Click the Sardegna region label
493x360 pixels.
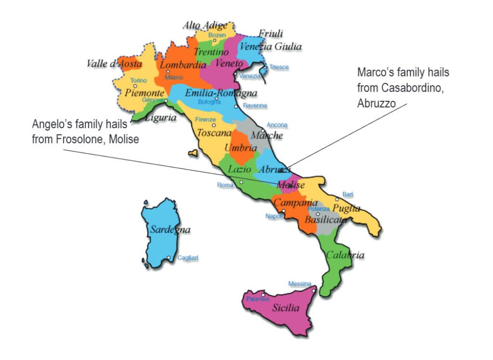pos(170,230)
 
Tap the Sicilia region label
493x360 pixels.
pos(285,308)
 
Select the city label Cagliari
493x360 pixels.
pos(188,258)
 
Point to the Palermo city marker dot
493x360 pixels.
pos(263,294)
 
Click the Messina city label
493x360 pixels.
pos(299,284)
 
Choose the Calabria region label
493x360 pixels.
pos(345,255)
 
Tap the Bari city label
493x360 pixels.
pos(348,194)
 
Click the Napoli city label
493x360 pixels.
pos(274,216)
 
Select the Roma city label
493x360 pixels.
pos(225,185)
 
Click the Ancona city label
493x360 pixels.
pos(277,125)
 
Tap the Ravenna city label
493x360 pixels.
pos(255,106)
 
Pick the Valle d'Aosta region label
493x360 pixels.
pos(114,64)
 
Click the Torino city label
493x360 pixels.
pos(139,80)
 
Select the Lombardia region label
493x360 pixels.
pos(183,65)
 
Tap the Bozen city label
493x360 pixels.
pos(216,35)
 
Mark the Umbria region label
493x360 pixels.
pos(240,148)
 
